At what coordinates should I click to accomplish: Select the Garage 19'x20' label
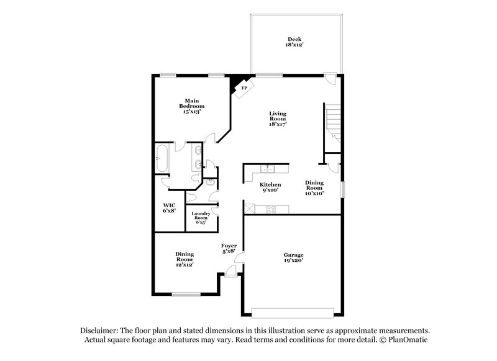293,258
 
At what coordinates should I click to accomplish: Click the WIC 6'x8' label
169,208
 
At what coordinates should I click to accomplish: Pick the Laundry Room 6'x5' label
200,218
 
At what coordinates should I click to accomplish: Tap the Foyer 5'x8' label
229,248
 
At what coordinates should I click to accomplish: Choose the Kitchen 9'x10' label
270,187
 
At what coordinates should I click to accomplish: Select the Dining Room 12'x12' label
185,259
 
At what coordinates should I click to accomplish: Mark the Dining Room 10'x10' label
314,187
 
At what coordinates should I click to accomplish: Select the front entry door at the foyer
231,271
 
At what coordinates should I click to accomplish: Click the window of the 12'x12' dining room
185,294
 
